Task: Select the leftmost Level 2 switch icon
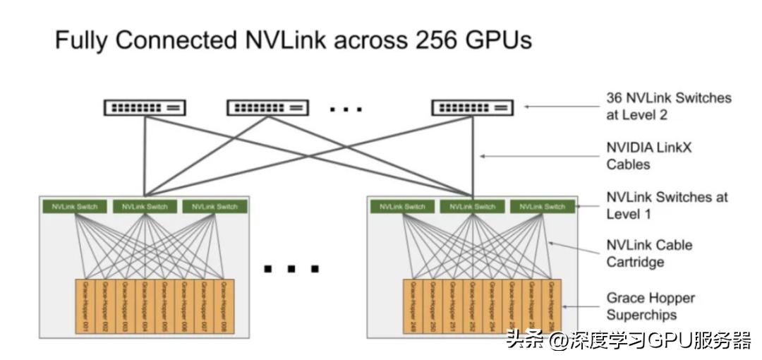[x=145, y=107]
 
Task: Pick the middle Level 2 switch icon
[x=267, y=107]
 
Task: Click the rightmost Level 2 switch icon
[x=472, y=107]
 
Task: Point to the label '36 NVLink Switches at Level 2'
[x=668, y=106]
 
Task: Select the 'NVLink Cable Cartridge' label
[x=649, y=253]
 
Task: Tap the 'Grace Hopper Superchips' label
[x=651, y=306]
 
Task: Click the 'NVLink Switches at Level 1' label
[x=667, y=205]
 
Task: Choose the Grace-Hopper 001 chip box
[x=85, y=306]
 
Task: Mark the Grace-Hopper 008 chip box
[x=224, y=306]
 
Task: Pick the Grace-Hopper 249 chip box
[x=413, y=306]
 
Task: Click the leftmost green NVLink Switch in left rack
[x=75, y=207]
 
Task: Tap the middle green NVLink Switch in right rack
[x=473, y=207]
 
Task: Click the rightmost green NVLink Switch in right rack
[x=543, y=207]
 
